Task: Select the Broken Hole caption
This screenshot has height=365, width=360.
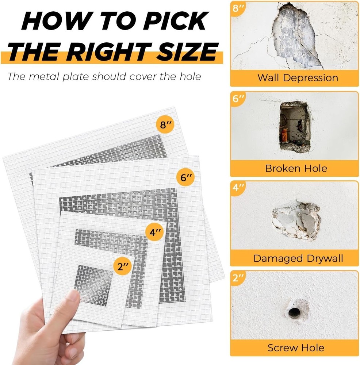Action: tap(296, 168)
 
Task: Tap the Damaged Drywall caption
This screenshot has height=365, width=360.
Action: tap(298, 258)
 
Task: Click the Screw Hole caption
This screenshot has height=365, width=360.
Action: tap(296, 347)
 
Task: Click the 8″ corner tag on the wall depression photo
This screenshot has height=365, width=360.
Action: tap(238, 9)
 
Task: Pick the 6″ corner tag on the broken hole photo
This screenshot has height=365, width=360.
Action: tap(238, 99)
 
